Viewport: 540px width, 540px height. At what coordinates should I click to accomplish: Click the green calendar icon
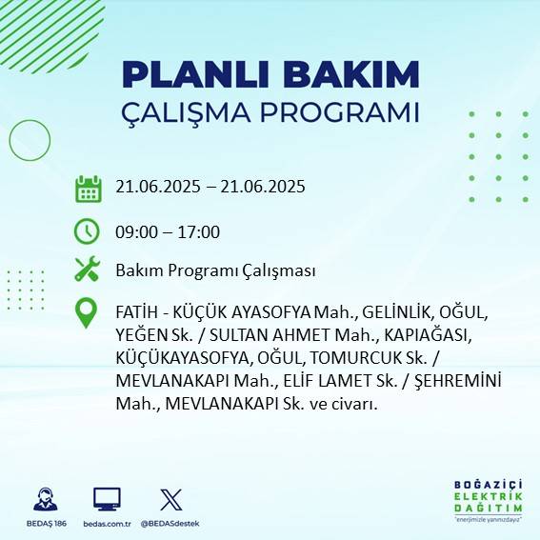(x=88, y=188)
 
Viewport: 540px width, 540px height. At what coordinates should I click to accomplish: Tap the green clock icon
(x=88, y=231)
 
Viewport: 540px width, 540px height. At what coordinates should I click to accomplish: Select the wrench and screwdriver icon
(x=88, y=270)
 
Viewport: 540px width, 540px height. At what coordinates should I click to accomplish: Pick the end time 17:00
(x=201, y=232)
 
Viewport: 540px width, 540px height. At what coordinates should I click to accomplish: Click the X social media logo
(x=170, y=499)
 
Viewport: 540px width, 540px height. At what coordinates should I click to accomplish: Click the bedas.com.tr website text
(x=107, y=524)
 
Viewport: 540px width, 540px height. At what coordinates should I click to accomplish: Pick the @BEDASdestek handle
(x=170, y=524)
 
